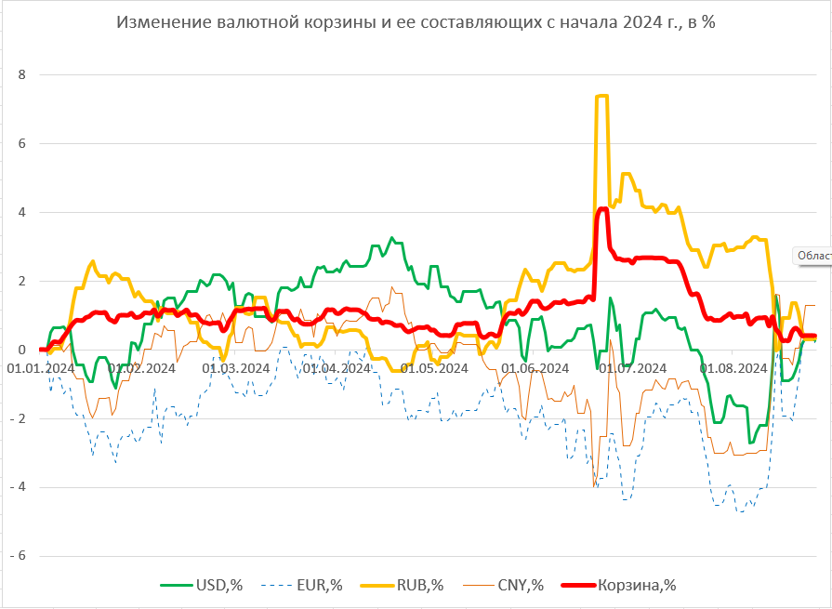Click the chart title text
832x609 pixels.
click(416, 22)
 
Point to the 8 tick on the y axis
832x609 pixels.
click(24, 74)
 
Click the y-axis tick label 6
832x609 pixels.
click(24, 143)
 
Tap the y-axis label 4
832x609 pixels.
click(24, 212)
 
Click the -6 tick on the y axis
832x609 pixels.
click(19, 556)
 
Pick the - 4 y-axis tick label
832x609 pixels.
click(19, 487)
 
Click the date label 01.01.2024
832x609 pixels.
click(41, 368)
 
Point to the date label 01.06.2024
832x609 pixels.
click(535, 368)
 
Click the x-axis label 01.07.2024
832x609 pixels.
click(633, 368)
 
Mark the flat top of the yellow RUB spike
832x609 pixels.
click(601, 96)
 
